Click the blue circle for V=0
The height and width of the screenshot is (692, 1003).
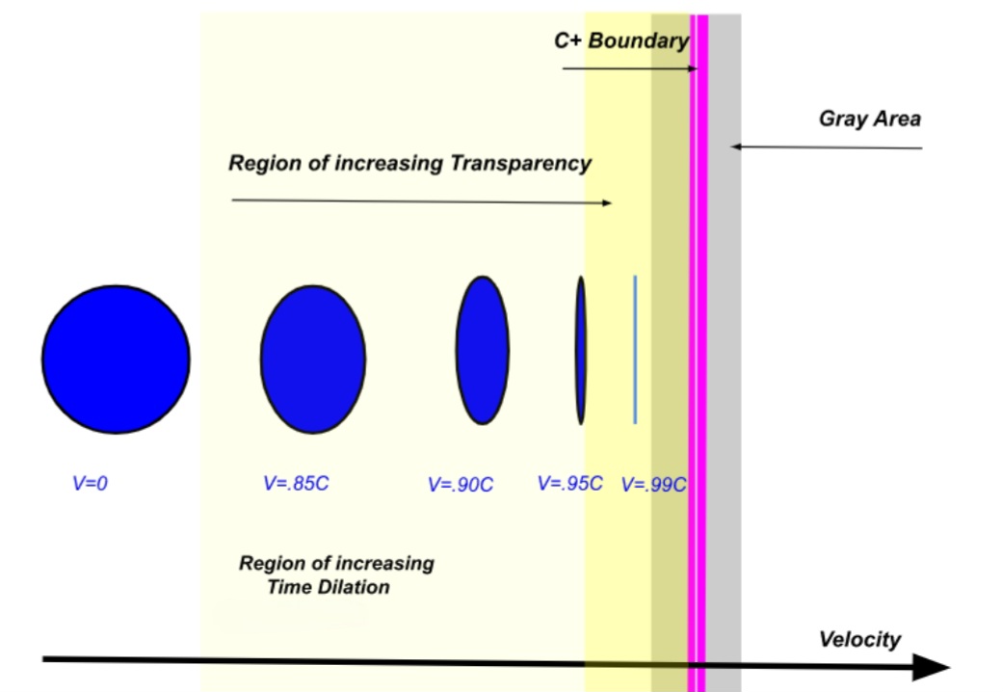(x=116, y=359)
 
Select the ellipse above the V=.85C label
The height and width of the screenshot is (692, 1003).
(x=313, y=359)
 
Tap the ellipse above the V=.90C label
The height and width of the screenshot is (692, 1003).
(x=483, y=350)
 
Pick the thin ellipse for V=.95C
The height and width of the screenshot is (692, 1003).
(x=580, y=350)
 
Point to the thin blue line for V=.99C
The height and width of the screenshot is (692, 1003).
(x=635, y=350)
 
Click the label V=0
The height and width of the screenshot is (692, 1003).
(x=91, y=483)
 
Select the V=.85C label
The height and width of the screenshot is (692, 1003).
(x=296, y=483)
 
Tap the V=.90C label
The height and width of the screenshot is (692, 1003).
(x=461, y=485)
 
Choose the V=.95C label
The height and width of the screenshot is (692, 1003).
(x=570, y=483)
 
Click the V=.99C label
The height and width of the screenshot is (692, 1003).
(x=654, y=485)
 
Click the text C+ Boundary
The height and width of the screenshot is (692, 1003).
(x=621, y=40)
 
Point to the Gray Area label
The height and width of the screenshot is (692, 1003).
(x=870, y=119)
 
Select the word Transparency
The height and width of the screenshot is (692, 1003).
(x=520, y=164)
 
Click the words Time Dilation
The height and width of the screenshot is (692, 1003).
(x=329, y=587)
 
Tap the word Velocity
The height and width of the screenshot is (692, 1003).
(x=859, y=640)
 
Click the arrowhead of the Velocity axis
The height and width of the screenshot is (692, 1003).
(x=932, y=667)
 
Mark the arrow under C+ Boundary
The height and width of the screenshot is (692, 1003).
(x=630, y=68)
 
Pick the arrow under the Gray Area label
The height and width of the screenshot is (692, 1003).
(x=827, y=147)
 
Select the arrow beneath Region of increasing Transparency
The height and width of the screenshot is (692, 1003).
(x=422, y=201)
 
